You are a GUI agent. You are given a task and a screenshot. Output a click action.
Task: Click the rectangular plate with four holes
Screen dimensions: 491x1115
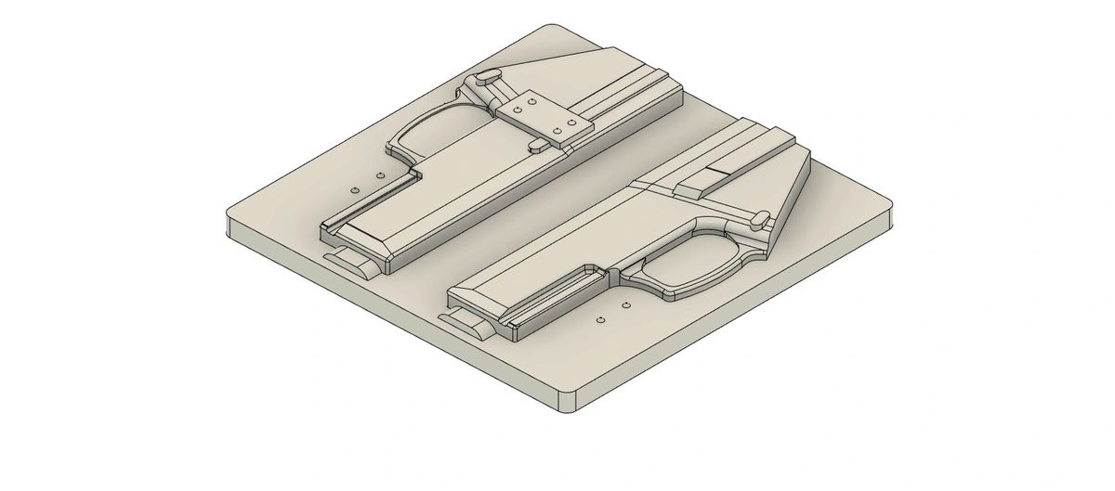tap(544, 121)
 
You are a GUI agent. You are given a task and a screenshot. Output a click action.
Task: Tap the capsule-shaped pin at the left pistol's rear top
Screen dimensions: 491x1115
tap(488, 78)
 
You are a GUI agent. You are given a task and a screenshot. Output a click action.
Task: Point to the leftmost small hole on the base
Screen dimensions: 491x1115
tap(355, 188)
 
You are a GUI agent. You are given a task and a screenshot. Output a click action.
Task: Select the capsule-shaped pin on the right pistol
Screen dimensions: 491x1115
tap(759, 219)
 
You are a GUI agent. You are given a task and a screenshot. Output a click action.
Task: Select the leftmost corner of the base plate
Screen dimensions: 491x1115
tap(230, 223)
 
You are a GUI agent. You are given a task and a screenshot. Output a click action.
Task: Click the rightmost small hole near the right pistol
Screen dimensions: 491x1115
tap(625, 304)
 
